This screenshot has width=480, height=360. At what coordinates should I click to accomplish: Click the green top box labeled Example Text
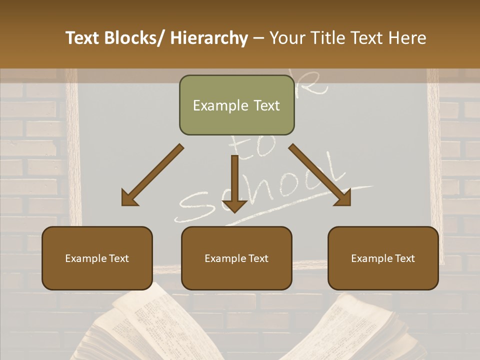[x=236, y=105]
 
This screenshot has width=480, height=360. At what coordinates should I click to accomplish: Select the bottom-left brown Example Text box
[x=97, y=258]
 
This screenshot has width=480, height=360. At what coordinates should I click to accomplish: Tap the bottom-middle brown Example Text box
[x=236, y=258]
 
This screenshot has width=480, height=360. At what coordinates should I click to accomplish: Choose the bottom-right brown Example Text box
[x=383, y=258]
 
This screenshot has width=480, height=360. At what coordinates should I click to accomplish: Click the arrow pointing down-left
[x=152, y=175]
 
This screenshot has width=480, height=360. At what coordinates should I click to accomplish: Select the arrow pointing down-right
[x=320, y=175]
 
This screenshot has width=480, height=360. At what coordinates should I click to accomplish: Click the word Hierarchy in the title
[x=209, y=38]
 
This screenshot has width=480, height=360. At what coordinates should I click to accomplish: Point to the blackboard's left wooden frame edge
[x=73, y=150]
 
